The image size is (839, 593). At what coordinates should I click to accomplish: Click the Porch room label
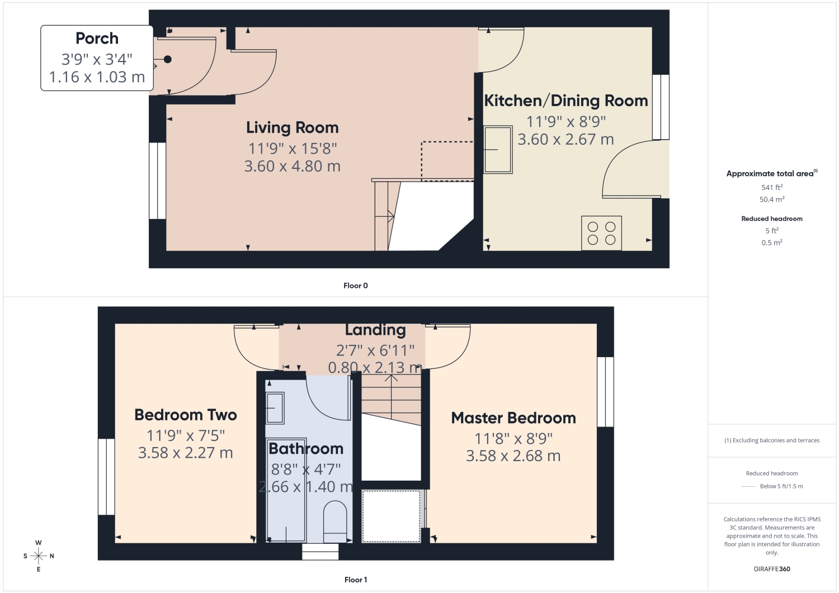[97, 38]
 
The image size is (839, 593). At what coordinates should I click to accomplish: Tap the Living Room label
[292, 127]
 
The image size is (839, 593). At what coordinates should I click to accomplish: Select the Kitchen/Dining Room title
[566, 101]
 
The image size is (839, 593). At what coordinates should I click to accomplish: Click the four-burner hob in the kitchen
[601, 233]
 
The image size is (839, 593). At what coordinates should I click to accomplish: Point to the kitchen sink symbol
[498, 150]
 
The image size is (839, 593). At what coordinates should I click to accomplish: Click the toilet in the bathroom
[335, 521]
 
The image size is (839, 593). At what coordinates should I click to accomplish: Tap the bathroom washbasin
[275, 408]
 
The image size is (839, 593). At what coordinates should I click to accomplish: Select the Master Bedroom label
[513, 418]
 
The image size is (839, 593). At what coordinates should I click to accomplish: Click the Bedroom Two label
[185, 415]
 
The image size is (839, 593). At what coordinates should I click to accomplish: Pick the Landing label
[375, 330]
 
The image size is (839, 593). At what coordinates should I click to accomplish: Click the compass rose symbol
[38, 556]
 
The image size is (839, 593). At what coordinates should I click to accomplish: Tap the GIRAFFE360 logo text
[771, 569]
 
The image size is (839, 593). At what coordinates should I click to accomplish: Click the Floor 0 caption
[355, 286]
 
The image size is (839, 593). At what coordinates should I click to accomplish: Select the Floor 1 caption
[355, 580]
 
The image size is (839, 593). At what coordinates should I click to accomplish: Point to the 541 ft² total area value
[771, 187]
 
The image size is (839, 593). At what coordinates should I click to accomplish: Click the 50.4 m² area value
[771, 199]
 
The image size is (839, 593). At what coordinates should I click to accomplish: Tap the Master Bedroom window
[605, 392]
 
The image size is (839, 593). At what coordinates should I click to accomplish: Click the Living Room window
[157, 181]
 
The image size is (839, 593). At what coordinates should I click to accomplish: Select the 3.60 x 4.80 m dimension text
[292, 166]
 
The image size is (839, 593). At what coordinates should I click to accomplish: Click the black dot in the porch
[168, 59]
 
